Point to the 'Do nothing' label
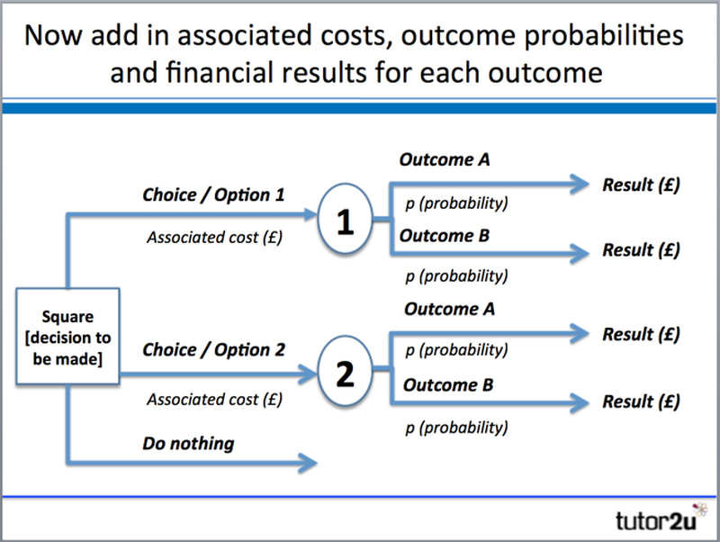point(187,443)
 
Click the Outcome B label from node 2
point(448,385)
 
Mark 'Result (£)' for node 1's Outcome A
point(641,185)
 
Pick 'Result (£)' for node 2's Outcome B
point(641,401)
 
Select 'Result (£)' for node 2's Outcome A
point(641,334)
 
